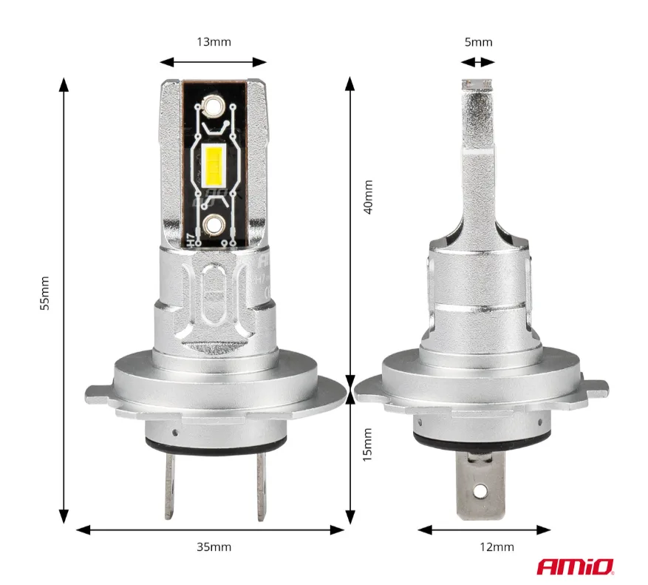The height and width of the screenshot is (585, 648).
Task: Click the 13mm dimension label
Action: (214, 41)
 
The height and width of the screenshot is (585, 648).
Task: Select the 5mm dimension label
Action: (478, 42)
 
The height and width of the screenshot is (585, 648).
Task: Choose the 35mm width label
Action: (214, 547)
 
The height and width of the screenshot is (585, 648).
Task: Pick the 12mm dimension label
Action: (497, 547)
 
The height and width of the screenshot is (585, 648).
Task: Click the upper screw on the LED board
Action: (214, 106)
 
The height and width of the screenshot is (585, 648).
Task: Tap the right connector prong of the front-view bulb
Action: (259, 484)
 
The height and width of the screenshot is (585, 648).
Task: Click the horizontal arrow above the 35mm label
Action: (211, 530)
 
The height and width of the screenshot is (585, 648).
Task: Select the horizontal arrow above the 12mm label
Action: (484, 530)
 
